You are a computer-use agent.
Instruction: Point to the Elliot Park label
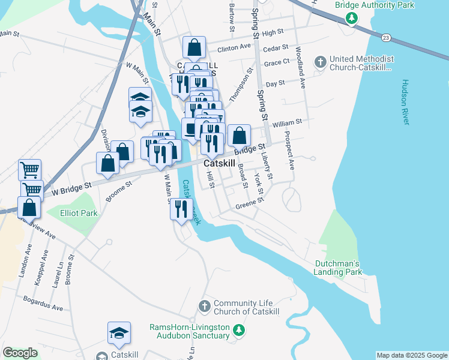pos(79,212)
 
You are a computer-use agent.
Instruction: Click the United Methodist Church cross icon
pos(320,61)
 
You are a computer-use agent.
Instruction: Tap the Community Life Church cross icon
pos(205,306)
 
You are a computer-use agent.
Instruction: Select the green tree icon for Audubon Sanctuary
pos(239,330)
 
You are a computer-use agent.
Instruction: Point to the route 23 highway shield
pos(386,38)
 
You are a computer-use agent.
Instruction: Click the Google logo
pos(20,353)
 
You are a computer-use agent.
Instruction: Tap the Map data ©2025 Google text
pos(411,355)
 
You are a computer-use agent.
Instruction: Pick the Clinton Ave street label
pos(234,47)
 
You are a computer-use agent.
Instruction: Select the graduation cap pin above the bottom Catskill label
pos(119,333)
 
